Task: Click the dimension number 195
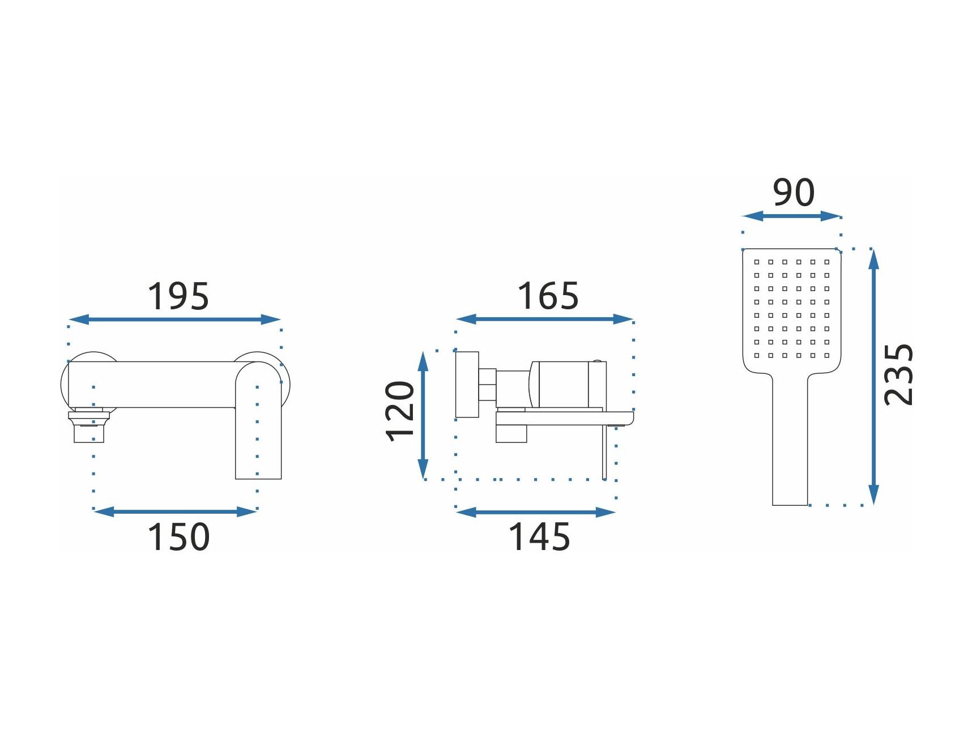(x=178, y=296)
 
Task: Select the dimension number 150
(x=178, y=536)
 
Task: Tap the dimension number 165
(x=548, y=296)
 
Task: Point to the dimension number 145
(x=539, y=536)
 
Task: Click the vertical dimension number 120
(x=400, y=411)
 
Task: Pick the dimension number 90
(x=794, y=193)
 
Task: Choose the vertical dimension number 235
(x=899, y=374)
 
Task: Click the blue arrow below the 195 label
(x=175, y=319)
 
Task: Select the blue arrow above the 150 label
(x=176, y=512)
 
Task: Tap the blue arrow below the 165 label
(x=544, y=319)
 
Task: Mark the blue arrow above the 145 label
(x=536, y=513)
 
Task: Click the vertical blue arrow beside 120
(x=423, y=415)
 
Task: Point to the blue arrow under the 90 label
(x=792, y=216)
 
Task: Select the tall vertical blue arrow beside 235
(x=873, y=377)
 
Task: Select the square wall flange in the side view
(x=467, y=385)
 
